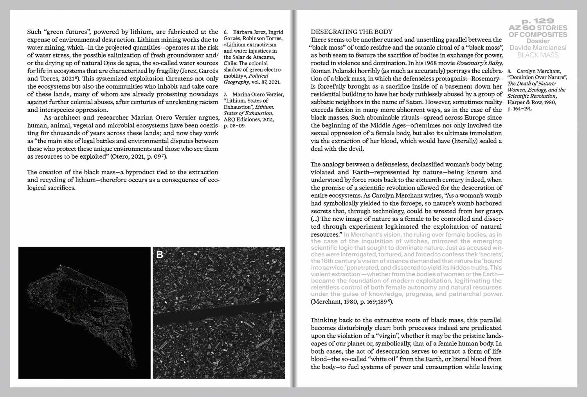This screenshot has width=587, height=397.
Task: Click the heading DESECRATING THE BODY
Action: point(351,32)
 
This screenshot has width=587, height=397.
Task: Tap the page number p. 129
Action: point(538,21)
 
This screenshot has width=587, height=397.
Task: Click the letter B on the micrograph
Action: point(160,255)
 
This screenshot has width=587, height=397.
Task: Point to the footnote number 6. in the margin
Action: point(226,32)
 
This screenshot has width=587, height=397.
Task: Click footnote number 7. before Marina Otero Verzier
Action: point(226,95)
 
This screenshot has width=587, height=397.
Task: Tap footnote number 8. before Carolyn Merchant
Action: point(510,72)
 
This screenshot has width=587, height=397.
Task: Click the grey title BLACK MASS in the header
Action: point(538,55)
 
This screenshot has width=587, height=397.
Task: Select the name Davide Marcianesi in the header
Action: point(538,48)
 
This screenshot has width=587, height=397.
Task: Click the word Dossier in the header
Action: point(538,41)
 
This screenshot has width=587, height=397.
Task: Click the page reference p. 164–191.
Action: point(519,109)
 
